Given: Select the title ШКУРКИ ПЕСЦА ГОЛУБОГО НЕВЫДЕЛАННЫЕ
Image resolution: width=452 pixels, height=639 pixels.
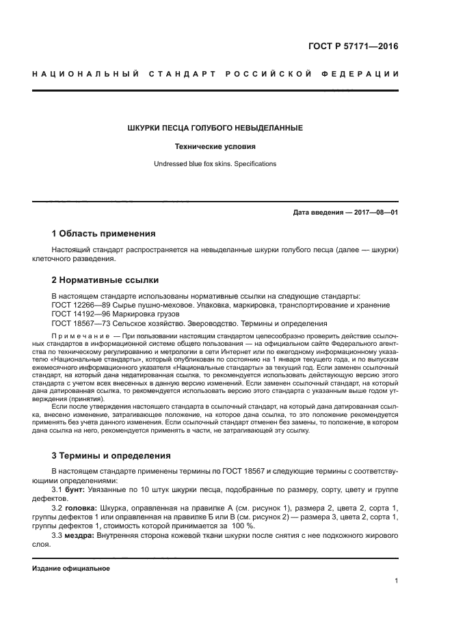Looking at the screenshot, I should pyautogui.click(x=215, y=128).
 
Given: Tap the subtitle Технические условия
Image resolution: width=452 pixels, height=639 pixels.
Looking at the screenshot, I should pyautogui.click(x=215, y=146).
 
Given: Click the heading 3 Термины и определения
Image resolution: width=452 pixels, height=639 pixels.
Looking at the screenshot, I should pyautogui.click(x=111, y=455).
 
